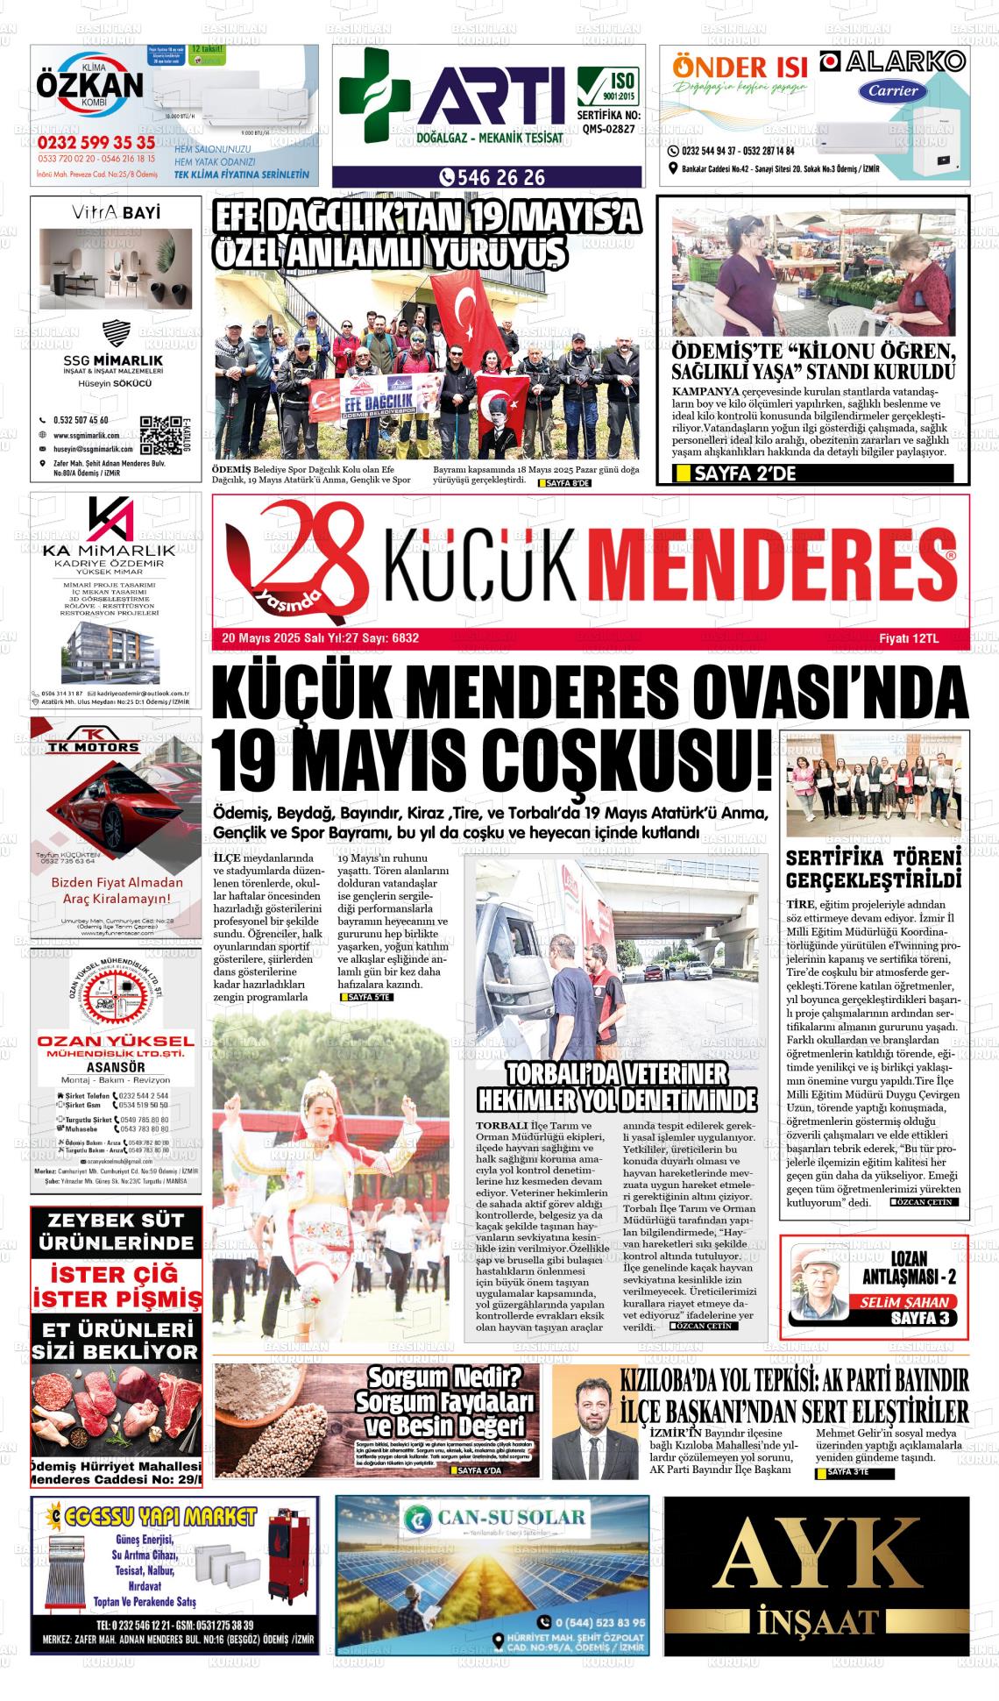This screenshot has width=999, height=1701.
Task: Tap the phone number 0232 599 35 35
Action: tap(96, 143)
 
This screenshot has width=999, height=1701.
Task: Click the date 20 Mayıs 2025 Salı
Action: tap(264, 638)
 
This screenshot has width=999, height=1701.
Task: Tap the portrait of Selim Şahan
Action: tap(819, 1285)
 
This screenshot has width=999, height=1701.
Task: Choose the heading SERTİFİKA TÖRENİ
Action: tap(873, 858)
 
